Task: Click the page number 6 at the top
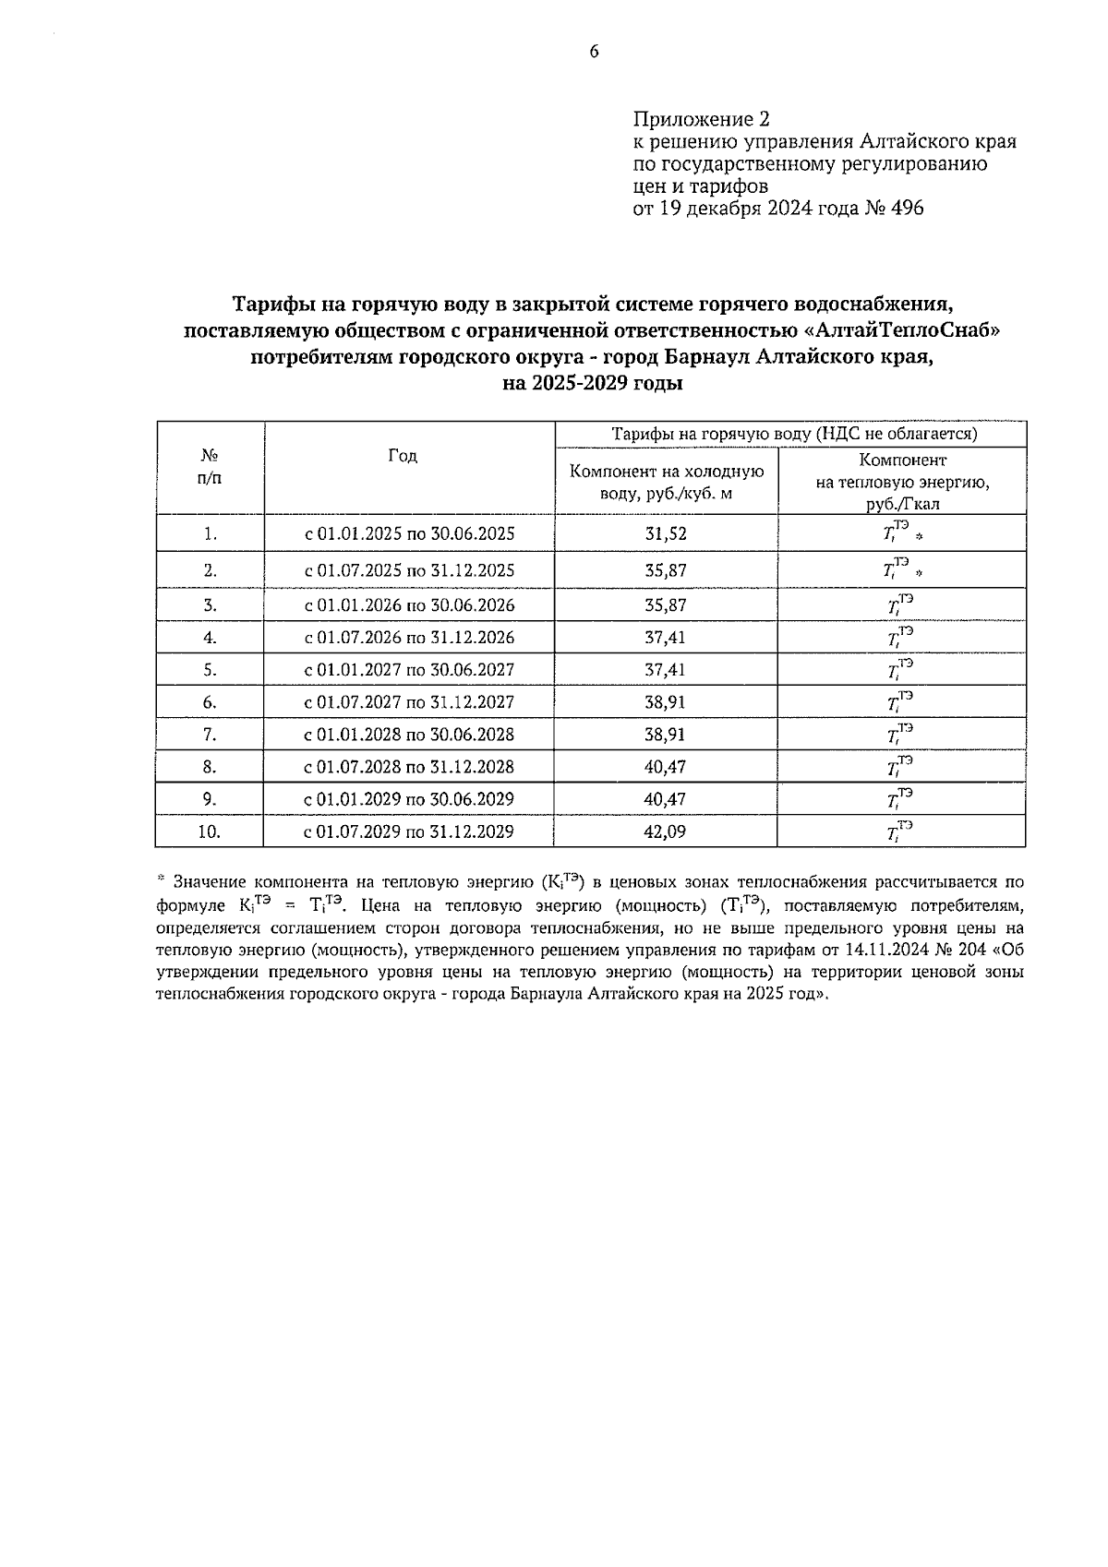[x=594, y=52]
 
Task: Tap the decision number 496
[x=906, y=208]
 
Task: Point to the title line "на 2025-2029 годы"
[x=592, y=384]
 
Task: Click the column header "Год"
[x=403, y=456]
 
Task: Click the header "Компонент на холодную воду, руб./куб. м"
[x=667, y=482]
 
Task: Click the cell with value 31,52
[x=665, y=533]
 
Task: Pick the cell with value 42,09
[x=665, y=831]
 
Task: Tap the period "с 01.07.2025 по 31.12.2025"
[x=409, y=570]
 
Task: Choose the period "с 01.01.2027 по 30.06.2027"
[x=409, y=670]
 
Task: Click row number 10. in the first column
[x=210, y=831]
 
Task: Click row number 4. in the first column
[x=210, y=638]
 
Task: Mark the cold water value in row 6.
[x=665, y=702]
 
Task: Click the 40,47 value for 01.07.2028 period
[x=665, y=767]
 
